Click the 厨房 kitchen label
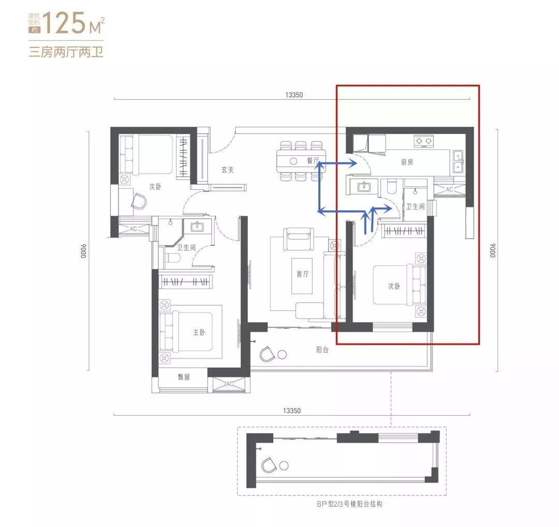[x=407, y=162]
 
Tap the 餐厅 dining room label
[x=313, y=161]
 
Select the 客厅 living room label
[x=302, y=274]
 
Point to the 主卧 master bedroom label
[x=199, y=332]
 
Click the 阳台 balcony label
[x=322, y=350]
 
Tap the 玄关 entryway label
[x=227, y=170]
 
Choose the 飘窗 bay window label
[x=184, y=377]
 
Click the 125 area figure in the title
[x=64, y=23]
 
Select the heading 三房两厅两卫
[x=66, y=52]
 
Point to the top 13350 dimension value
[x=294, y=95]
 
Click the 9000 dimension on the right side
[x=493, y=250]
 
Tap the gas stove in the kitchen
[x=424, y=141]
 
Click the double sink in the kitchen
[x=458, y=162]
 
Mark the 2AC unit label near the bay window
[x=229, y=384]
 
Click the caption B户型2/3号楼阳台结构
[x=349, y=504]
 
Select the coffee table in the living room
[x=302, y=276]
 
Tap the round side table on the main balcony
[x=282, y=355]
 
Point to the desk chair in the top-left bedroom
[x=139, y=201]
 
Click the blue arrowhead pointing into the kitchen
[x=352, y=163]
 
